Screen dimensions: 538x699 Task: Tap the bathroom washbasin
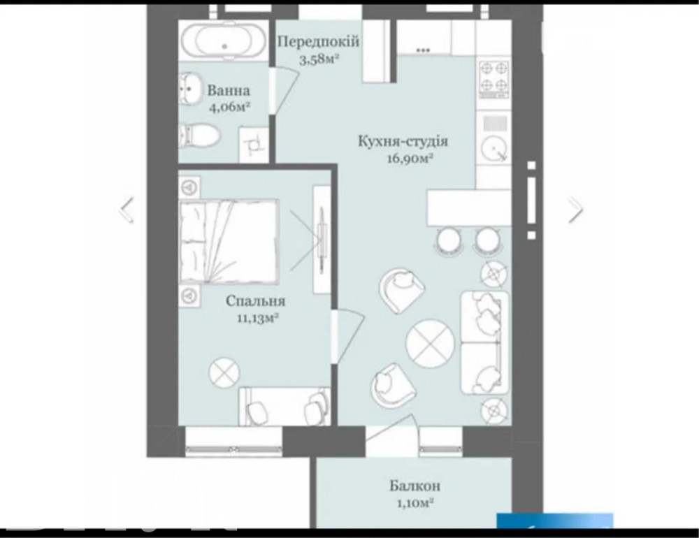(189, 90)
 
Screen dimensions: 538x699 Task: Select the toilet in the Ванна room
(199, 136)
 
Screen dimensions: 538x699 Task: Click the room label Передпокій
(319, 42)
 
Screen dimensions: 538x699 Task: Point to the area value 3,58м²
(319, 59)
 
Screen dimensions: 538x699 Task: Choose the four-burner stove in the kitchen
(495, 79)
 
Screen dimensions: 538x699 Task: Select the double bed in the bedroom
(229, 238)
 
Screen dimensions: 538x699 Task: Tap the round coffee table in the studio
(431, 342)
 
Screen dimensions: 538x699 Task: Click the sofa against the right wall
(484, 342)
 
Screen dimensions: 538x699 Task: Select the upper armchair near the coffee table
(402, 288)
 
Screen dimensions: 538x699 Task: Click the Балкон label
(415, 486)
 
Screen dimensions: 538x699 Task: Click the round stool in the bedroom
(225, 371)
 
